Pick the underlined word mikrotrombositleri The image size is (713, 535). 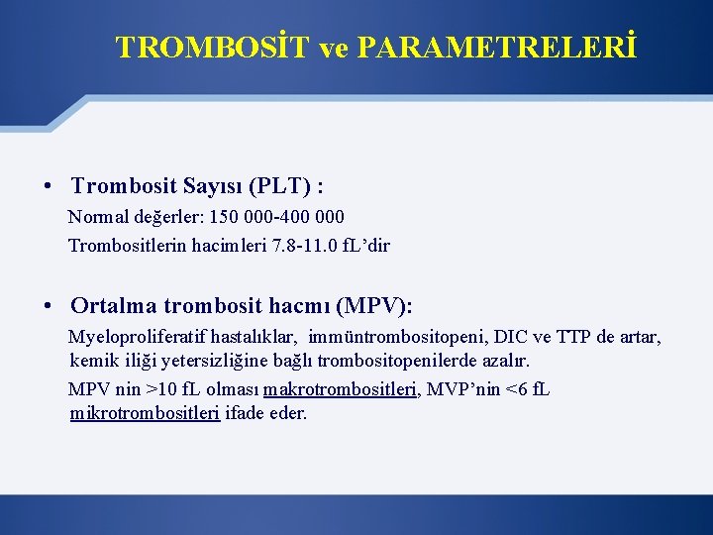145,413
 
